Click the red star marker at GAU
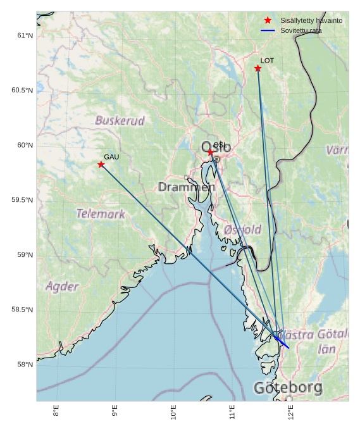pyautogui.click(x=101, y=165)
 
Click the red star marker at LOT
pyautogui.click(x=258, y=68)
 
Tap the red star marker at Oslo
pyautogui.click(x=211, y=153)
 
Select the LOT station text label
pyautogui.click(x=267, y=60)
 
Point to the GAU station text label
pyautogui.click(x=111, y=156)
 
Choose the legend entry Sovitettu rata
pyautogui.click(x=301, y=30)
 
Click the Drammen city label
pyautogui.click(x=187, y=187)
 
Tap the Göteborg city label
pyautogui.click(x=288, y=387)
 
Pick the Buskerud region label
pyautogui.click(x=120, y=120)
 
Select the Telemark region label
pyautogui.click(x=101, y=214)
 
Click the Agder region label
pyautogui.click(x=62, y=286)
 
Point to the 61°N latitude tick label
pyautogui.click(x=25, y=35)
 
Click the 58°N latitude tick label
pyautogui.click(x=25, y=365)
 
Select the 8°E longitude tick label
pyautogui.click(x=56, y=411)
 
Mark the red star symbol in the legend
pyautogui.click(x=268, y=20)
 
